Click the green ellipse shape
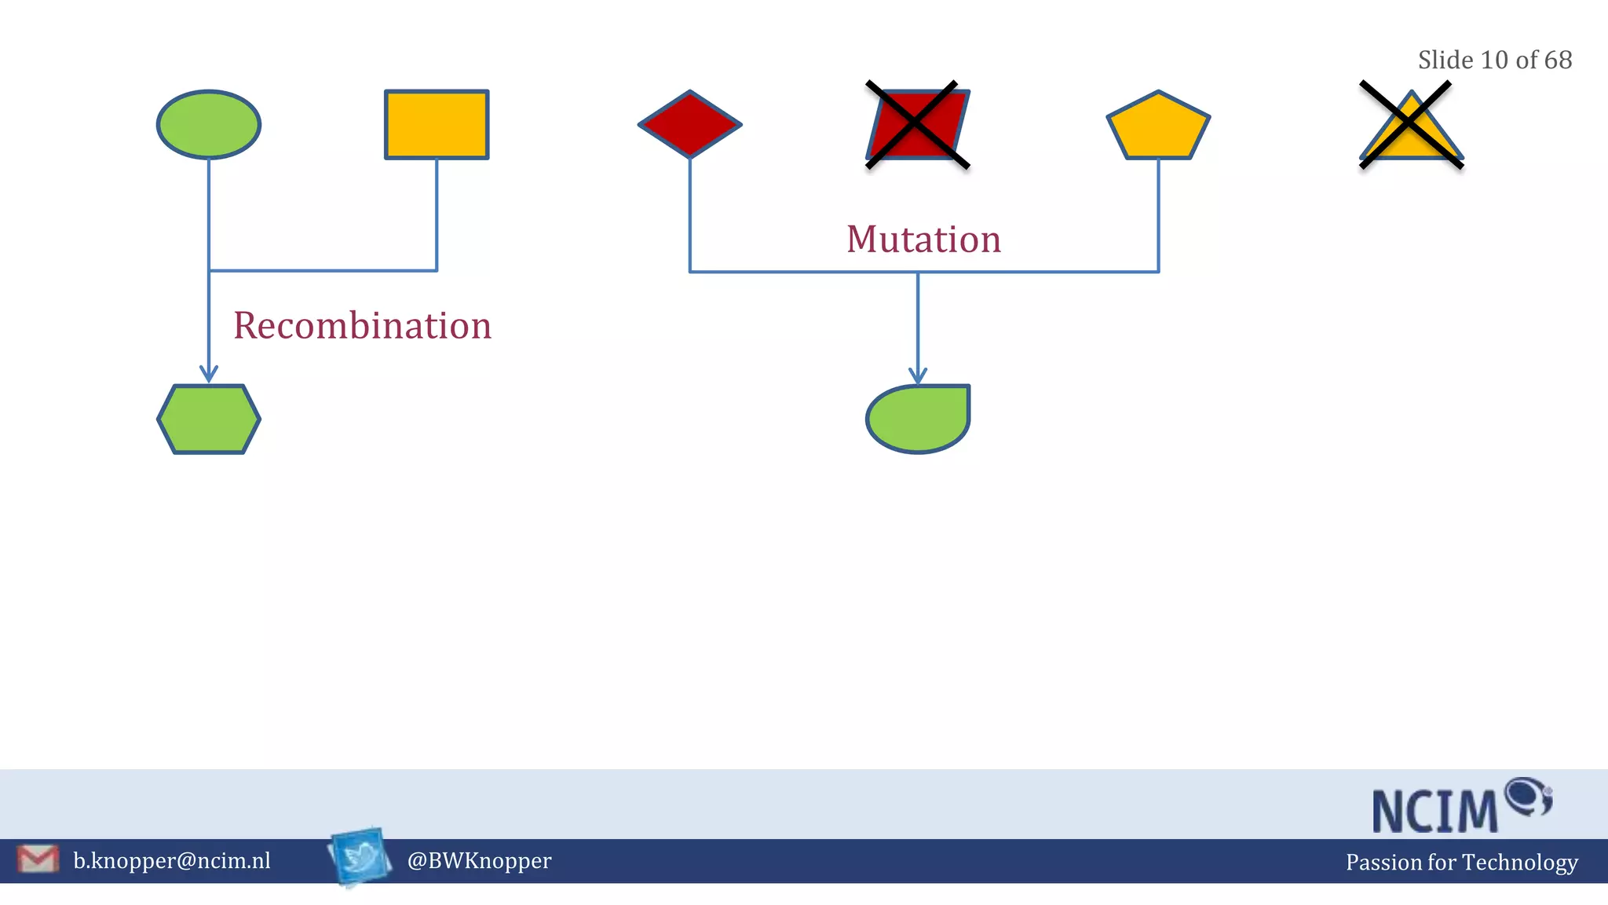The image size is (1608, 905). [x=208, y=124]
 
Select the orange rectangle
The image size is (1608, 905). [x=437, y=124]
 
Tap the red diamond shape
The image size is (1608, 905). [x=689, y=124]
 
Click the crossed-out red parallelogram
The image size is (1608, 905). [x=917, y=124]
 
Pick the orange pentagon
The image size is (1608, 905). [x=1158, y=127]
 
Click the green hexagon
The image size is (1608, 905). [x=208, y=419]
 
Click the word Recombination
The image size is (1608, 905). [x=362, y=325]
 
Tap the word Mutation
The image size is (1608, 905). [x=923, y=239]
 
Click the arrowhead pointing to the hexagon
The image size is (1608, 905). [x=208, y=374]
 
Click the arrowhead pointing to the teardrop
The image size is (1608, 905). [x=918, y=376]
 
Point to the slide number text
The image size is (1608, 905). [x=1494, y=60]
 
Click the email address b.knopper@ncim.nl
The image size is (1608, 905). [x=172, y=860]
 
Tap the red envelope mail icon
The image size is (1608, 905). [x=38, y=859]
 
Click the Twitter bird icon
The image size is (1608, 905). [x=360, y=856]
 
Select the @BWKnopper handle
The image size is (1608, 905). [x=479, y=860]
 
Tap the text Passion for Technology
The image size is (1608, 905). [x=1461, y=862]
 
